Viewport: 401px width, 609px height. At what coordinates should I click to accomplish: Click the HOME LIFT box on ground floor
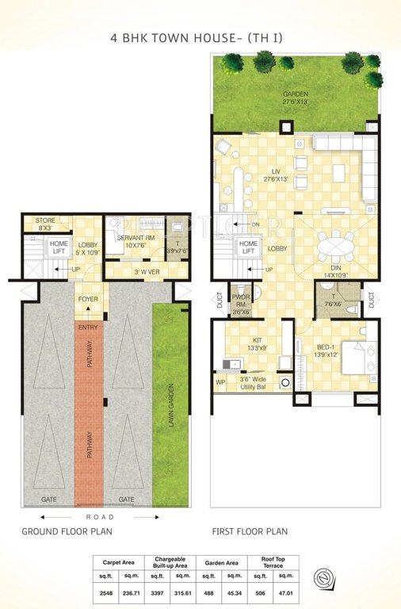click(59, 247)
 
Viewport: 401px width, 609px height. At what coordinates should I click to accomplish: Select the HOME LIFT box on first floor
click(248, 247)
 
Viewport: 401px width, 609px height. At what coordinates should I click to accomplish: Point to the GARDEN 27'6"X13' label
click(296, 98)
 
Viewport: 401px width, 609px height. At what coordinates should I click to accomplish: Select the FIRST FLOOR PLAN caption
click(250, 532)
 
